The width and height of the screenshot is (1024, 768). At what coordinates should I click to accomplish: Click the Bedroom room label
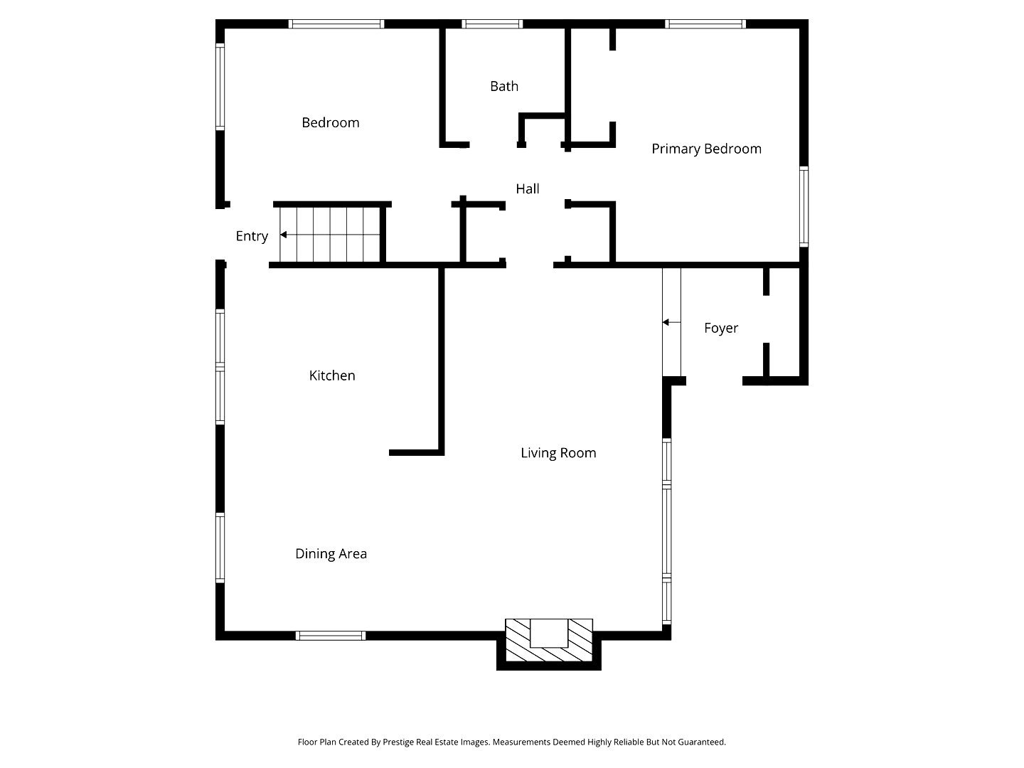[330, 123]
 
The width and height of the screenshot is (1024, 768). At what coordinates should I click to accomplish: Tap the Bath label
[504, 87]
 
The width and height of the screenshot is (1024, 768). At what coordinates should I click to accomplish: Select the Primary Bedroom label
[706, 149]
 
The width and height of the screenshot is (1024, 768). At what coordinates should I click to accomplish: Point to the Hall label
[528, 188]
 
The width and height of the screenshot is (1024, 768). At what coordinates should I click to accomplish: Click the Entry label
[252, 236]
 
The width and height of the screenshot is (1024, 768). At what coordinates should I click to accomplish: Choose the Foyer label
[721, 328]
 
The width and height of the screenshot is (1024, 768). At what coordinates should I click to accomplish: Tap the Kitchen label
[332, 375]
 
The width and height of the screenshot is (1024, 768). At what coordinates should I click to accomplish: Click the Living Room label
[558, 453]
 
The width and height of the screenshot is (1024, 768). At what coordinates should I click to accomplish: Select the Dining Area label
[331, 554]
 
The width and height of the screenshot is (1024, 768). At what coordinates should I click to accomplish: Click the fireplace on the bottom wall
[549, 642]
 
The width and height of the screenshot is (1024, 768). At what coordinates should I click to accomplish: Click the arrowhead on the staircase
[284, 235]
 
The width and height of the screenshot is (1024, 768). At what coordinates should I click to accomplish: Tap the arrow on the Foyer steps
[666, 322]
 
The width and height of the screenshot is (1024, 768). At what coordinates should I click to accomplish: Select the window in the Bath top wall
[492, 24]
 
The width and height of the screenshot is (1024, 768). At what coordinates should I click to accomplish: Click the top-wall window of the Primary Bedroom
[705, 24]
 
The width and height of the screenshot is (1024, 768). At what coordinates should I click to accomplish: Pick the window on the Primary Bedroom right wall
[804, 206]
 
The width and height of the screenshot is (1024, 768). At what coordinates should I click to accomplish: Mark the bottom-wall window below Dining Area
[331, 636]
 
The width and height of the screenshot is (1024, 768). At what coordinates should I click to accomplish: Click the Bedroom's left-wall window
[220, 87]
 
